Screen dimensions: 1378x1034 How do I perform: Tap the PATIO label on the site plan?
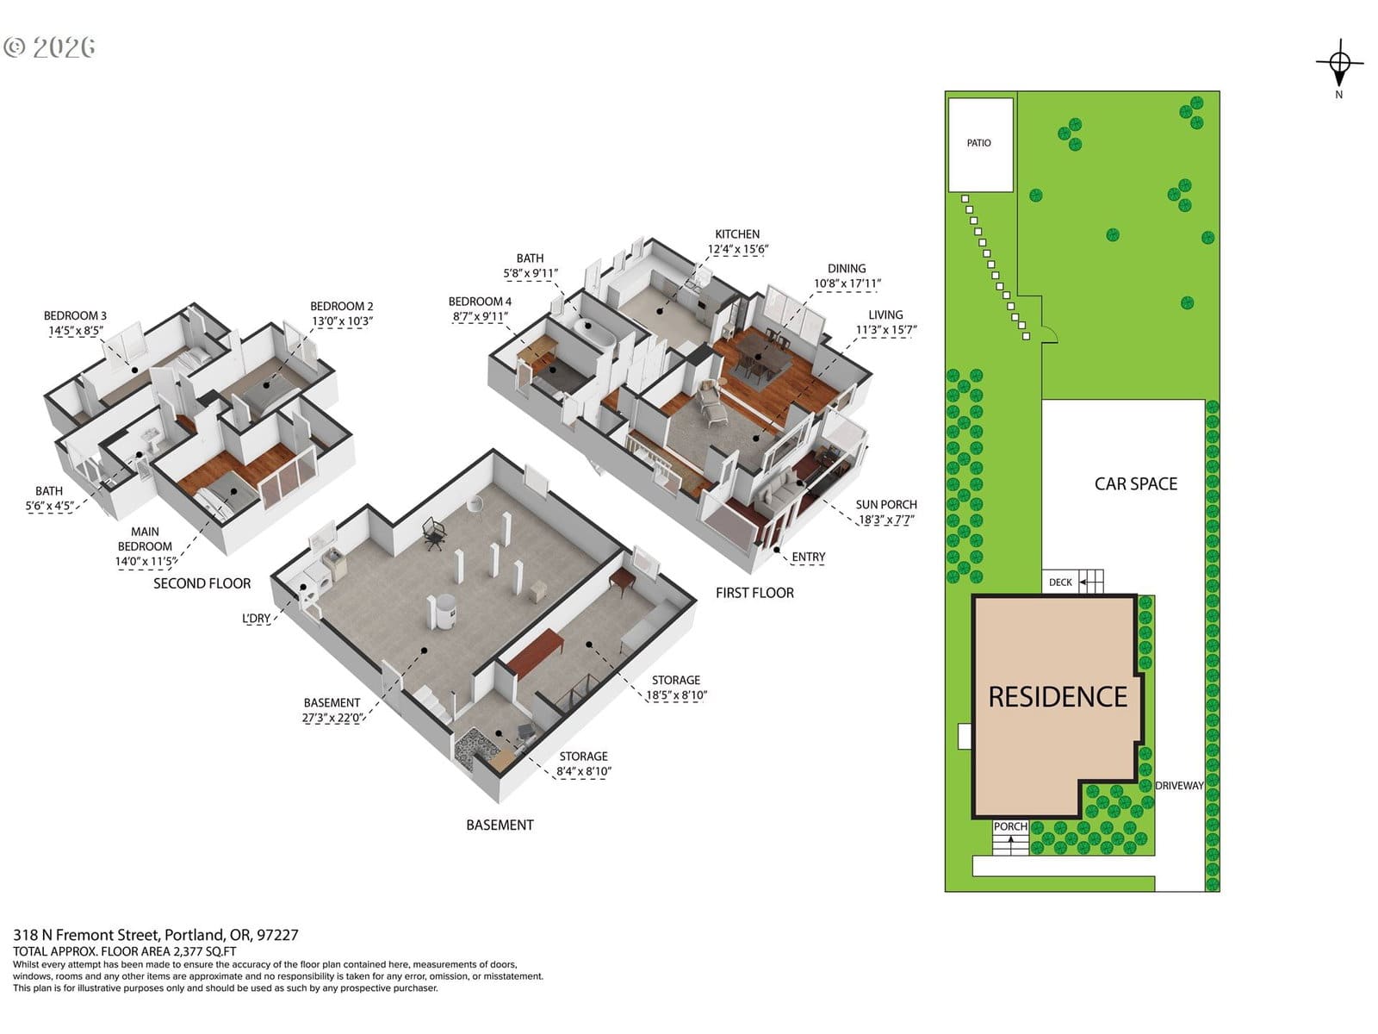[x=978, y=143]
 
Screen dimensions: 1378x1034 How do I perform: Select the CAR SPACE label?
[x=1136, y=484]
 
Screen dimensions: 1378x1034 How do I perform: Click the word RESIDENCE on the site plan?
[x=1058, y=697]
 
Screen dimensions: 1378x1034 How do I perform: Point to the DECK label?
[x=1060, y=582]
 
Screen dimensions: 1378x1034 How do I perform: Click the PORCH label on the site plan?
[x=1010, y=826]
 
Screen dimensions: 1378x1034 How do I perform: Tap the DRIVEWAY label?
[x=1179, y=785]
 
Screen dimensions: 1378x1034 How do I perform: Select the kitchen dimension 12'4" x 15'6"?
[x=737, y=249]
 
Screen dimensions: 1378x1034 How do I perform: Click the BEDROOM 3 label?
[x=75, y=315]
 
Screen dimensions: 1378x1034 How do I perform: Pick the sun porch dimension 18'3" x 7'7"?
[x=886, y=520]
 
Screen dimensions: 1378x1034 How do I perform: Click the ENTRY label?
[x=808, y=557]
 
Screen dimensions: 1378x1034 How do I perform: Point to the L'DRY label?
[x=256, y=619]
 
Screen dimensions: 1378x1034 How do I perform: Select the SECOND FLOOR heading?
[x=202, y=583]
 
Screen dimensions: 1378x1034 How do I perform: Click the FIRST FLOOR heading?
[x=754, y=593]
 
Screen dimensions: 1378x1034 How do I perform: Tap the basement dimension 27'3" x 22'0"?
[x=332, y=718]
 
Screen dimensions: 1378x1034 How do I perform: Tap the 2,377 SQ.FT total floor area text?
[x=205, y=952]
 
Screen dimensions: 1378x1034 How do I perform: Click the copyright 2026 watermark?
[x=49, y=47]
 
